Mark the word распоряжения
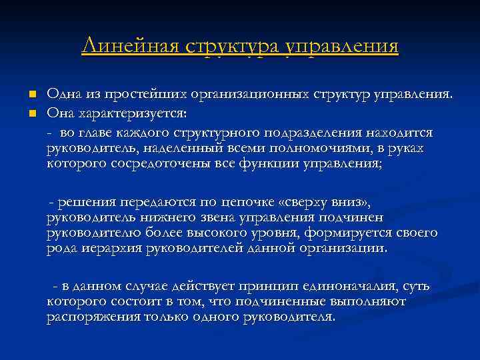(x=93, y=317)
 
